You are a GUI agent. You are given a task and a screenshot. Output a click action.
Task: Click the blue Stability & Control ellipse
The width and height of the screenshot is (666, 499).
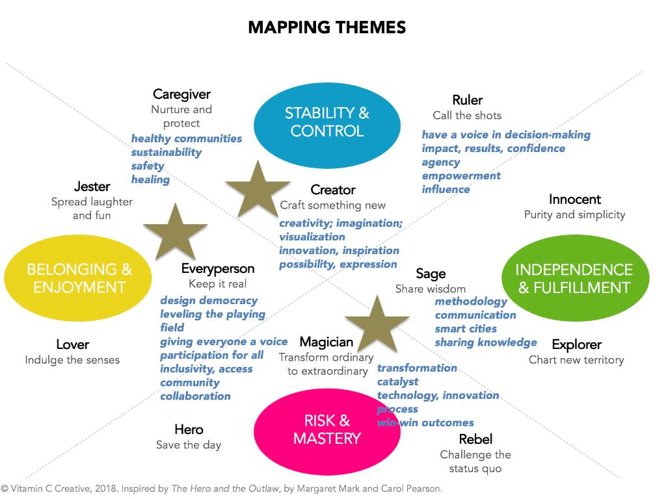tap(326, 122)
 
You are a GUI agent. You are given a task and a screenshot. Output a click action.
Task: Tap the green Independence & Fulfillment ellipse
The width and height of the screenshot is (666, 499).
tap(574, 278)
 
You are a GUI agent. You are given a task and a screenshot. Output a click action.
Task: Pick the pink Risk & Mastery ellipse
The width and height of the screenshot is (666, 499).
tap(326, 429)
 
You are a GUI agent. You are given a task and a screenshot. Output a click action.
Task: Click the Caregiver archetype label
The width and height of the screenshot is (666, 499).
tap(181, 95)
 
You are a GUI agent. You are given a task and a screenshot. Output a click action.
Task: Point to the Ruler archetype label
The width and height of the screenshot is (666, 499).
tap(467, 100)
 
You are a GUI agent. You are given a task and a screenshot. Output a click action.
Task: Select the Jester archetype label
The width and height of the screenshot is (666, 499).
tap(92, 186)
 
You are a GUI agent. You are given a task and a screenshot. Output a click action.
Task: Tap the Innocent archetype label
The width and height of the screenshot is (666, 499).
tap(574, 199)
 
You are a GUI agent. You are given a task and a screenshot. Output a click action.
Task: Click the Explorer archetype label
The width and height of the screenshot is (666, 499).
tap(576, 344)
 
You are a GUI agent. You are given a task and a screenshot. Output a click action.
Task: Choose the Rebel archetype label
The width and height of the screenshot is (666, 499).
tap(475, 439)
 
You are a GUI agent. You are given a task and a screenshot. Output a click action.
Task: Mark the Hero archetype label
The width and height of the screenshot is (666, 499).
tap(189, 429)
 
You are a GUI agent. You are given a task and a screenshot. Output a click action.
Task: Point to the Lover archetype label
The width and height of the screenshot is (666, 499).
tap(72, 344)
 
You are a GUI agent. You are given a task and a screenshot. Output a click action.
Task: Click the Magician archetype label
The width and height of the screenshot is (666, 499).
tap(326, 342)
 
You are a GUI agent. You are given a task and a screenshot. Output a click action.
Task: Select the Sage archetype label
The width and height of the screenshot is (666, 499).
tap(431, 274)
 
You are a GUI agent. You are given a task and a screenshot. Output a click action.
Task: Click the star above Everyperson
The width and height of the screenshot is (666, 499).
tap(175, 231)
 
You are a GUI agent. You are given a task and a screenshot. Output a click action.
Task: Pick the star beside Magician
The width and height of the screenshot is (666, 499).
tap(377, 325)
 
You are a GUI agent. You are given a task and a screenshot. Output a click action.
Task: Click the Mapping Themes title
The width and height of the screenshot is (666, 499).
tap(326, 27)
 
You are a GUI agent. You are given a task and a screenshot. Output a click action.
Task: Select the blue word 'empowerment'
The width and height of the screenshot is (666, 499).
tap(461, 175)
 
